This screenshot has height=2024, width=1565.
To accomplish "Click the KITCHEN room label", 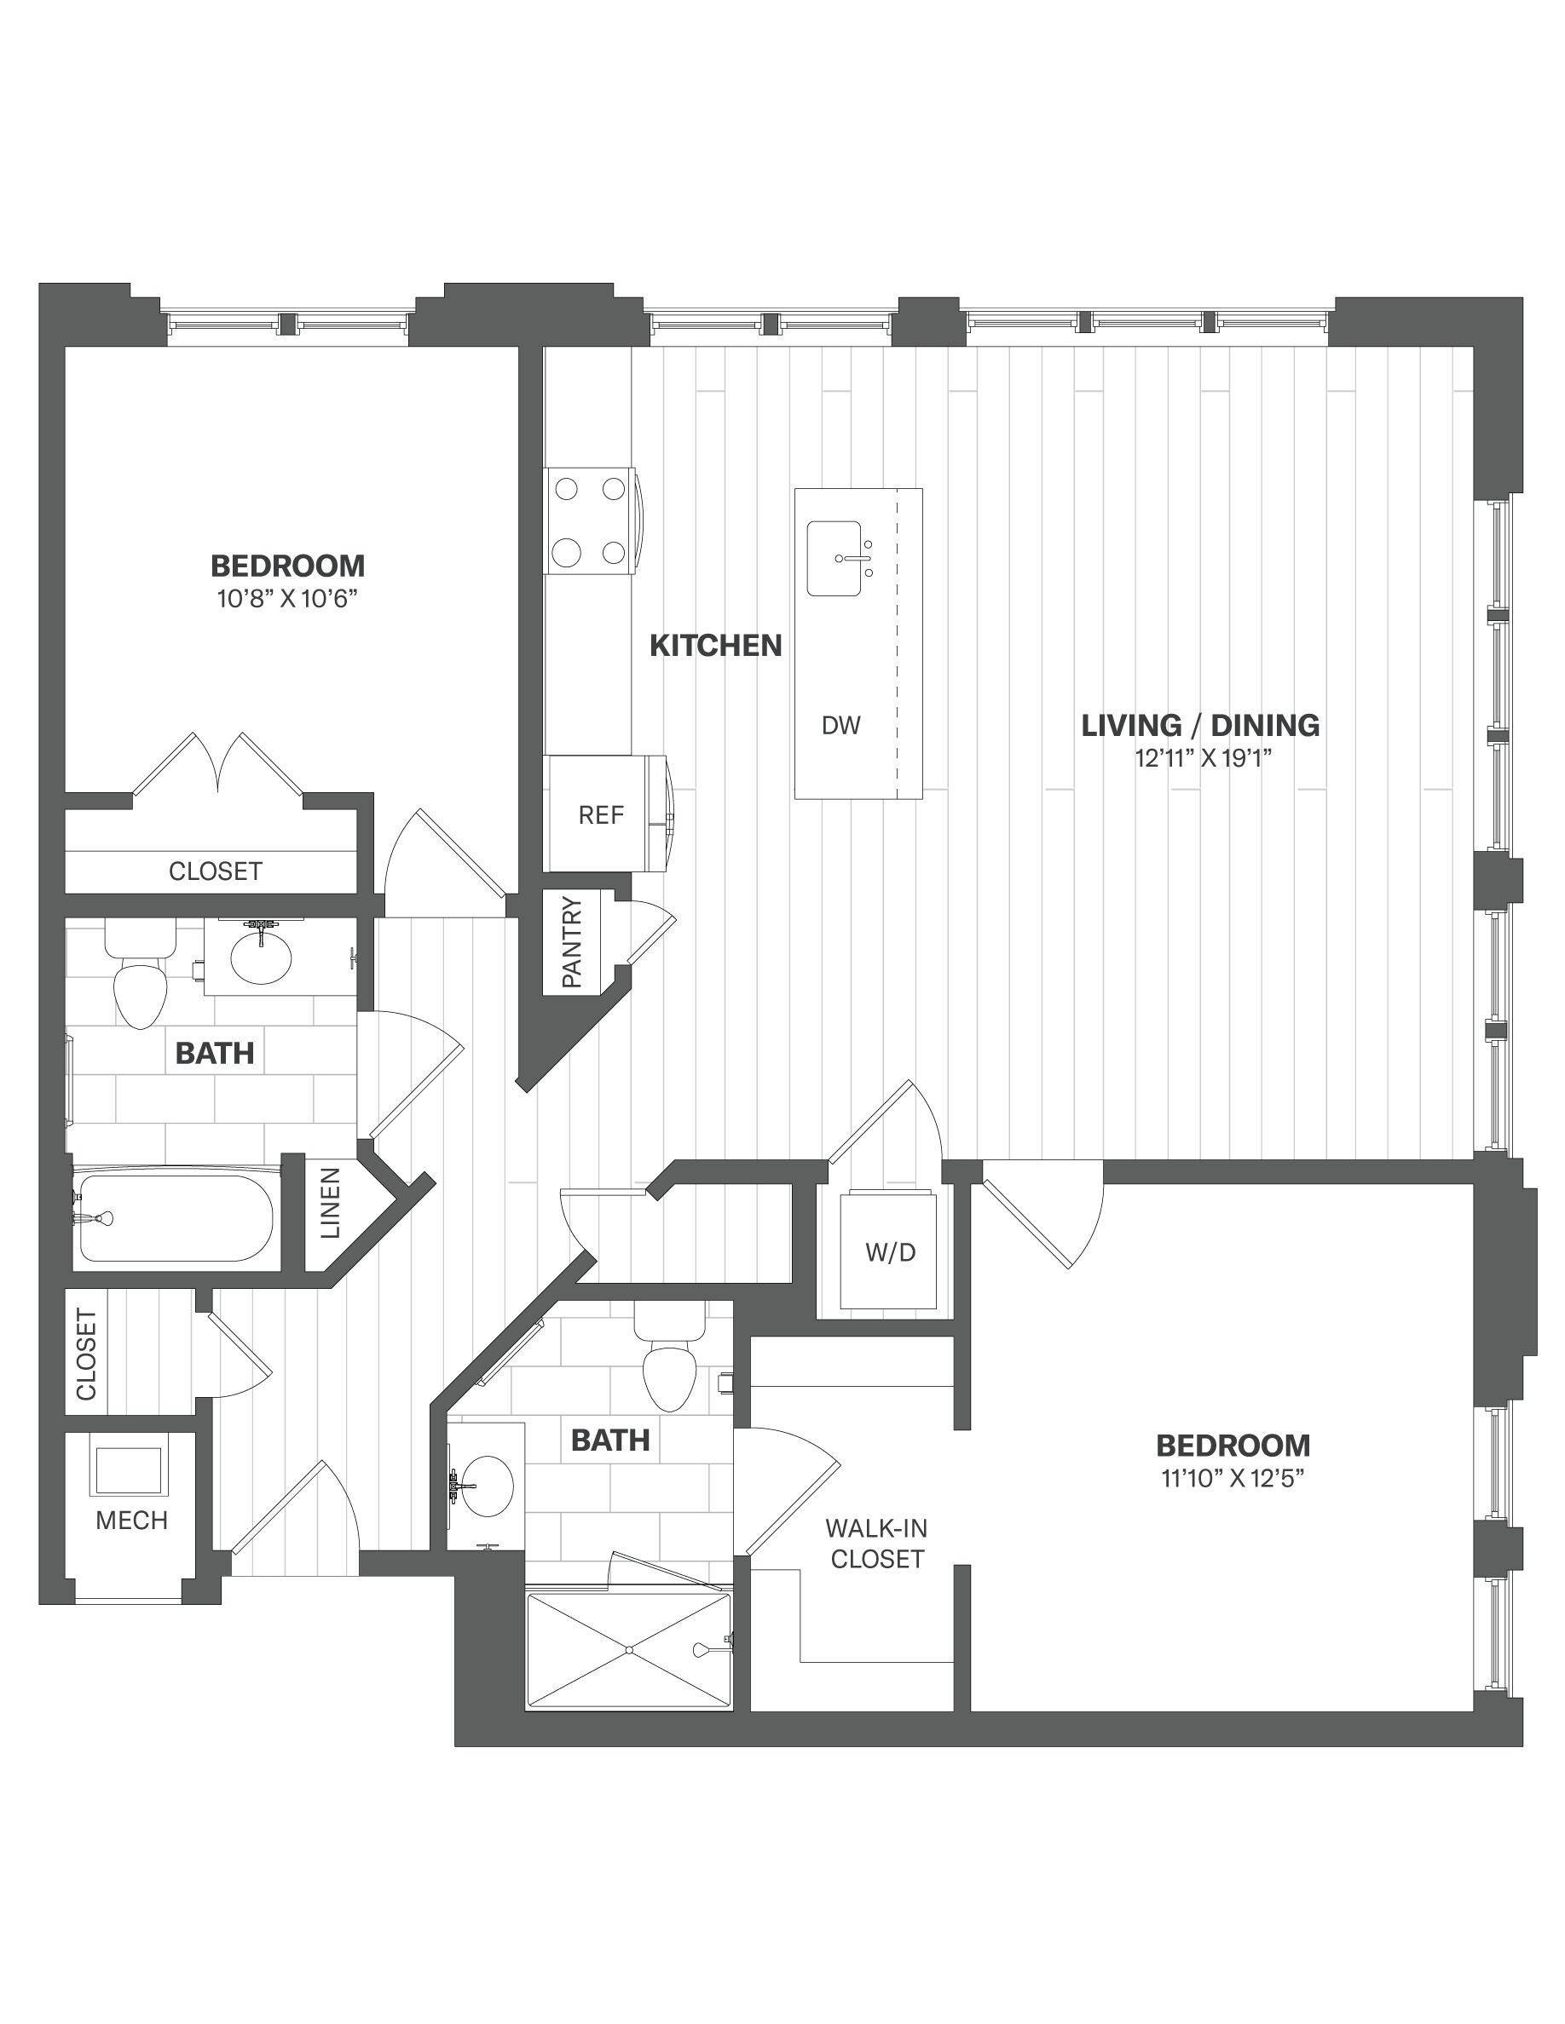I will pyautogui.click(x=715, y=645).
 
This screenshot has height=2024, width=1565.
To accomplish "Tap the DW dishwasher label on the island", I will pyautogui.click(x=841, y=726).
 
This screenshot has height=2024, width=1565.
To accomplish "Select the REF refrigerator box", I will pyautogui.click(x=601, y=814).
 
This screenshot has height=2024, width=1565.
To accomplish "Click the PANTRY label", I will pyautogui.click(x=572, y=941).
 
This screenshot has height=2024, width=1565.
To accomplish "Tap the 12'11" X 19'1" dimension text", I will pyautogui.click(x=1203, y=759).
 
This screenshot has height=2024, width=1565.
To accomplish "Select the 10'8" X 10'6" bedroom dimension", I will pyautogui.click(x=287, y=600).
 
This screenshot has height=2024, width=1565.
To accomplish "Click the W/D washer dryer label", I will pyautogui.click(x=890, y=1253).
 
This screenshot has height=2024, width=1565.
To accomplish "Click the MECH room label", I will pyautogui.click(x=131, y=1521).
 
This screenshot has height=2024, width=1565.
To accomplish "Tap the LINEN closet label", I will pyautogui.click(x=331, y=1203).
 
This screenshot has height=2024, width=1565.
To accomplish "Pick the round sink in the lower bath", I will pyautogui.click(x=487, y=1486).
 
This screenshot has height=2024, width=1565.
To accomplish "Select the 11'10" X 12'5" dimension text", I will pyautogui.click(x=1233, y=1480).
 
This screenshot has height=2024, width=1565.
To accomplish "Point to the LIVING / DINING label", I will pyautogui.click(x=1199, y=725).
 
